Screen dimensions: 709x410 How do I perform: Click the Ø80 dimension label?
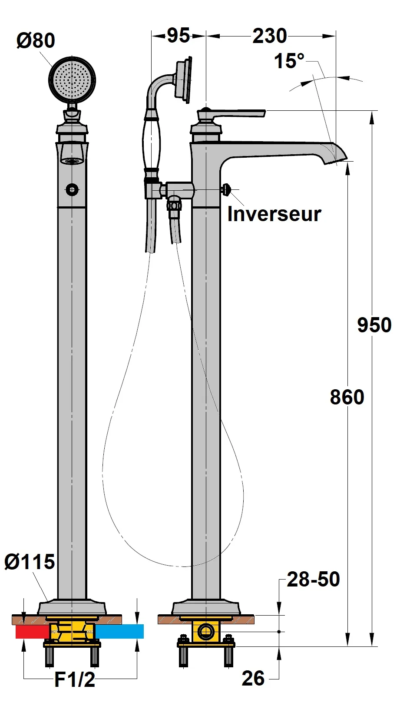click(36, 40)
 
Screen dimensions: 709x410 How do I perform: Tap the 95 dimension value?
click(179, 36)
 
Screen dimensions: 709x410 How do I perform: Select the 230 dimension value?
click(270, 36)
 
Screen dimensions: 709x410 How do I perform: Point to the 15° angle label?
click(289, 61)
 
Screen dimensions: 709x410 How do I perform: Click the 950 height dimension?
click(374, 325)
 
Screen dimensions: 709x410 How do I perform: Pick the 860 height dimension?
click(347, 397)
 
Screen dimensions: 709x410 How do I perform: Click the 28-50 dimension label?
click(313, 580)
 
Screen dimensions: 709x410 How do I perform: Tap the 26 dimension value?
click(253, 678)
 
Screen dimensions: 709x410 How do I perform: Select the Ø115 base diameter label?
click(30, 562)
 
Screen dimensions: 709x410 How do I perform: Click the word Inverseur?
click(274, 214)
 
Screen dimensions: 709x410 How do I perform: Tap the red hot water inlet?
click(31, 632)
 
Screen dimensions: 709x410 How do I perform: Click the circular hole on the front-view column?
click(72, 189)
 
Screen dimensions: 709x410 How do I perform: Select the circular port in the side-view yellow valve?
click(206, 631)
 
